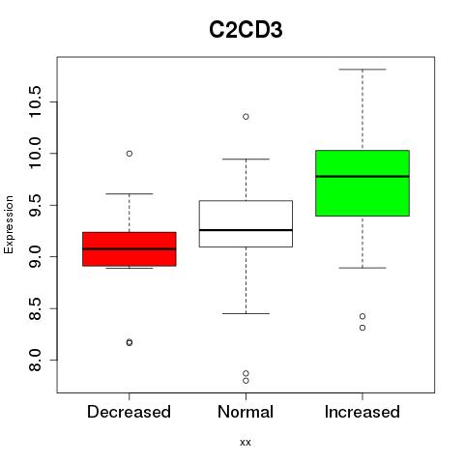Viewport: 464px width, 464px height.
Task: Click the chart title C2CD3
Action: [x=246, y=30]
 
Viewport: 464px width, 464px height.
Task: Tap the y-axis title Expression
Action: [x=9, y=224]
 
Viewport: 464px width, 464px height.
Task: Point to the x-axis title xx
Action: [x=246, y=442]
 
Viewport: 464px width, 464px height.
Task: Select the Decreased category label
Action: [x=129, y=412]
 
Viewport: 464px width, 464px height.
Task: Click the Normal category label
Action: [x=246, y=412]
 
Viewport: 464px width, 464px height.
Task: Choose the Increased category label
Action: [x=362, y=412]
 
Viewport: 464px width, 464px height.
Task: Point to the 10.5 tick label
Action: [x=35, y=101]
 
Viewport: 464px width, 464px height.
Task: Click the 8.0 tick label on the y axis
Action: [x=35, y=361]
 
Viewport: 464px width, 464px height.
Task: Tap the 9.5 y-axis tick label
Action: [x=35, y=205]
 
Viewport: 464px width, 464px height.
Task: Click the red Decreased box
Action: [x=130, y=248]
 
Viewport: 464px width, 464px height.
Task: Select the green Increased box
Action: [x=362, y=183]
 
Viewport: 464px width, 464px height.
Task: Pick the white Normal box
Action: [x=246, y=223]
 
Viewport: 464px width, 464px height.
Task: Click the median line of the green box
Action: [x=362, y=176]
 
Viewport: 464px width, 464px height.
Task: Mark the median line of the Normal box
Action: [x=246, y=230]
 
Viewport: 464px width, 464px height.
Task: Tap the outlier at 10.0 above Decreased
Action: [x=130, y=154]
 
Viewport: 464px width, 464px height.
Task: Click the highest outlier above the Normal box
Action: [x=246, y=117]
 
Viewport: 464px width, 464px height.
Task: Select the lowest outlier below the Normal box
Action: [x=246, y=381]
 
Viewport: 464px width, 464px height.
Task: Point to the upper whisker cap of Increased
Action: [x=362, y=70]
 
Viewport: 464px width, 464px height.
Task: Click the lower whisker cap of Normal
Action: [x=246, y=313]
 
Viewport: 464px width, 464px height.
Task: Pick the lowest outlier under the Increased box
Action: [x=362, y=328]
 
